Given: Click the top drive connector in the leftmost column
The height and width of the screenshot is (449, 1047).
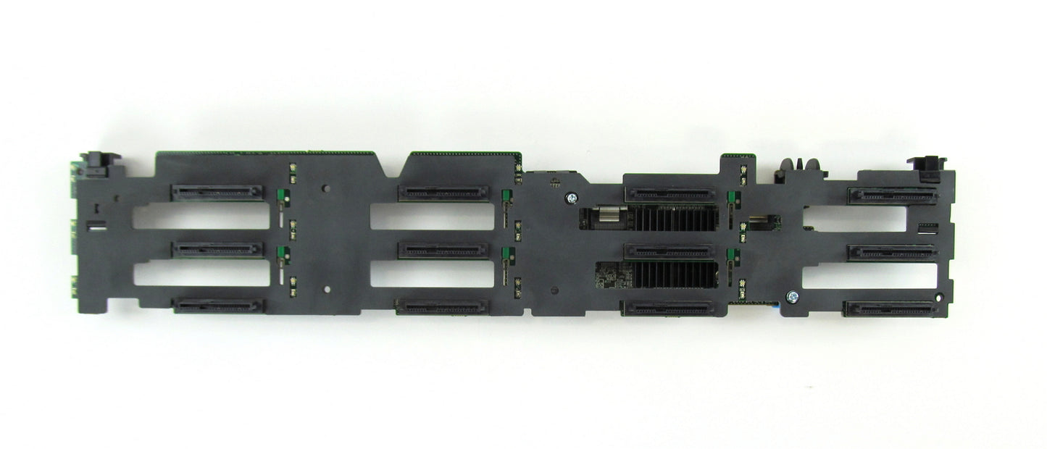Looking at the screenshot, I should [x=217, y=193].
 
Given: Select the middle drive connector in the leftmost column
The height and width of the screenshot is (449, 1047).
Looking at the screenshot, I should [x=217, y=249].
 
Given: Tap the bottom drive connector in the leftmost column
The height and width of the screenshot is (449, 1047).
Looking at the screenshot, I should [x=218, y=306].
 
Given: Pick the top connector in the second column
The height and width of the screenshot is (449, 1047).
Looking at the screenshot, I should [x=443, y=193].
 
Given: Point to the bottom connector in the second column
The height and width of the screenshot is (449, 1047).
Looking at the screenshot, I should [x=442, y=306].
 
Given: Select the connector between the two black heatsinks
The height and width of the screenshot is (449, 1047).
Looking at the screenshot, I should [x=669, y=251].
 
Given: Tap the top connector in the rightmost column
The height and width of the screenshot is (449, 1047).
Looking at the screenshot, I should [x=892, y=195].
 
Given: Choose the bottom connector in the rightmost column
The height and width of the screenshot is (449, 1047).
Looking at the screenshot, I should [x=890, y=309].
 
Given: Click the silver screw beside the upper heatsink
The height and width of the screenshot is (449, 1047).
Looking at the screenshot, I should [x=572, y=197].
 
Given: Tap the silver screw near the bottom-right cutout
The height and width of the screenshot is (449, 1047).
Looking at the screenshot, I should [x=792, y=296].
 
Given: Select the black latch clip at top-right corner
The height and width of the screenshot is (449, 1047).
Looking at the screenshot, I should [x=927, y=166].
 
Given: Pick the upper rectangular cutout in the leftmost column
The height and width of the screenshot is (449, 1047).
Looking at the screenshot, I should [x=201, y=216].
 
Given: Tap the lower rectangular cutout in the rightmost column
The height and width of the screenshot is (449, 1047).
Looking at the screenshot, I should [x=869, y=275].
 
